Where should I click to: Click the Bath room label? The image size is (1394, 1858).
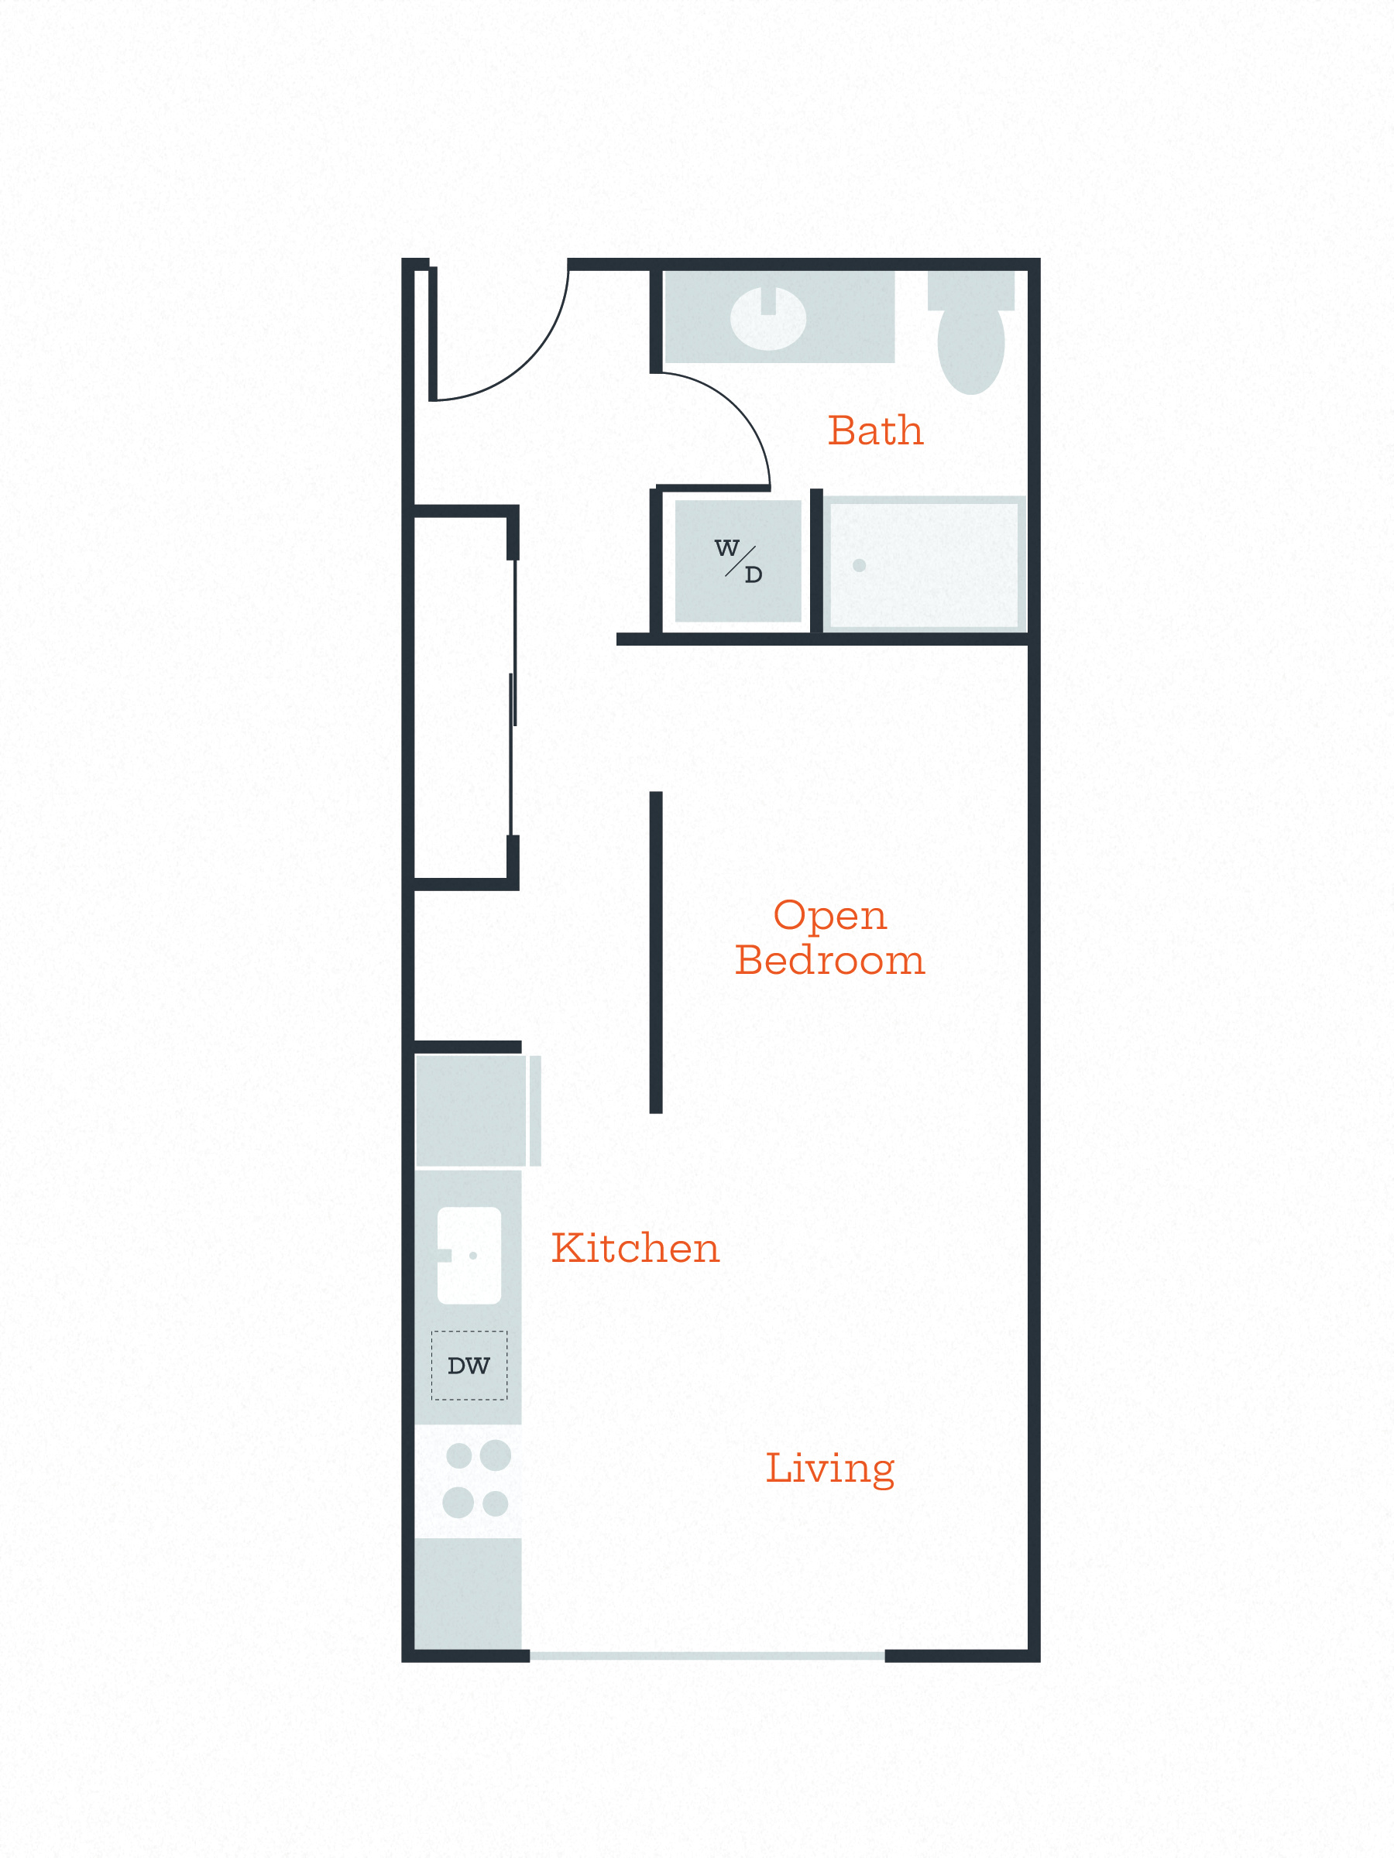click(x=876, y=430)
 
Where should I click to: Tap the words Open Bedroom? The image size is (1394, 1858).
click(x=830, y=938)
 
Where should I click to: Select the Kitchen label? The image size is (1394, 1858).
click(x=635, y=1247)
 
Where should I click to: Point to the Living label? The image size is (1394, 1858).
click(x=830, y=1469)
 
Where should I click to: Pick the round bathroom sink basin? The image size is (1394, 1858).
click(x=768, y=318)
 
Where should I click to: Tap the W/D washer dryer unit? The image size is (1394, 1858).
click(x=738, y=561)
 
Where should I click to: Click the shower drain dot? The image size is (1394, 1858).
click(x=859, y=565)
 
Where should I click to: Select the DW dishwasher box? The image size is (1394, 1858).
click(x=469, y=1366)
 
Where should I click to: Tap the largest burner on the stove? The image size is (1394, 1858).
click(x=495, y=1455)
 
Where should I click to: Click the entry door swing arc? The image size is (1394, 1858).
click(x=530, y=362)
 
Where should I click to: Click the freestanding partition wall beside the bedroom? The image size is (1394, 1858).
click(x=656, y=952)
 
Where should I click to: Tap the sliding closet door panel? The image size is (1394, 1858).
click(x=513, y=698)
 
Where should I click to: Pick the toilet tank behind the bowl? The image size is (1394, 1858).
click(x=971, y=290)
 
